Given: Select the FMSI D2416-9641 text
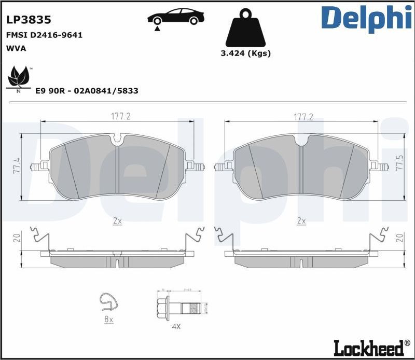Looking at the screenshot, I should (x=44, y=35).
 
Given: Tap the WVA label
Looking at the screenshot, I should (x=16, y=48).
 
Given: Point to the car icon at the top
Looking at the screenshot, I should (x=175, y=17).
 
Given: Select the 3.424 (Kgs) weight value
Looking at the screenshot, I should (x=245, y=53).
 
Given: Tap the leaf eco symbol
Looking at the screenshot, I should (x=19, y=78).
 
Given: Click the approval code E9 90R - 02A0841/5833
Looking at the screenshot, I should (x=86, y=91).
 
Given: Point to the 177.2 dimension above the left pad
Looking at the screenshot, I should (x=120, y=117).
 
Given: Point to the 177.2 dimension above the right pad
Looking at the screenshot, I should (x=303, y=117).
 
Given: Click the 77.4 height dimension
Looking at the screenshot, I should (x=16, y=167).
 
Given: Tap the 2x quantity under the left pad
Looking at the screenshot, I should (x=117, y=220).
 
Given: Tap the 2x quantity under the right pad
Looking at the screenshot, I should (x=301, y=220).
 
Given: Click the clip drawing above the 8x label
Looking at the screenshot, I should (x=107, y=302).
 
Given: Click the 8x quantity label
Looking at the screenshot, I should (x=108, y=320).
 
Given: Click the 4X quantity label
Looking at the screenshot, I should (x=176, y=326).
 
